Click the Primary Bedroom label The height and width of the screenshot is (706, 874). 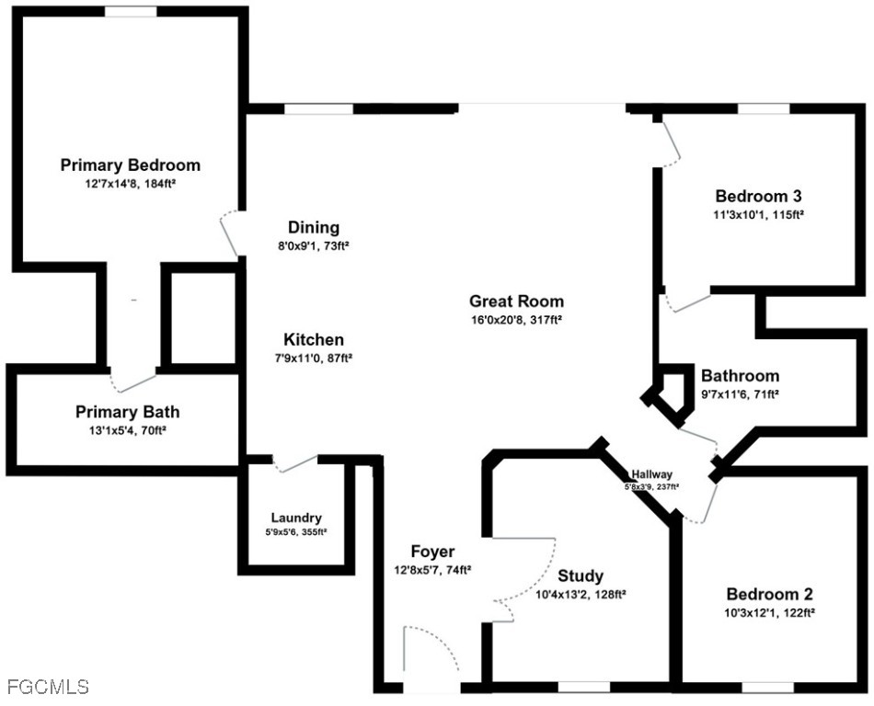[x=131, y=165]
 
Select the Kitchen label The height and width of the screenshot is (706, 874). [x=314, y=339]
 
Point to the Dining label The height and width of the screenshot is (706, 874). [x=314, y=227]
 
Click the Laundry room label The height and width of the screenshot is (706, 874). [x=296, y=518]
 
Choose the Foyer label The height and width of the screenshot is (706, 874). [x=432, y=552]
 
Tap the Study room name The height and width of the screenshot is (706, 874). [x=581, y=575]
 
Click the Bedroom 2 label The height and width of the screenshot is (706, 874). [x=770, y=594]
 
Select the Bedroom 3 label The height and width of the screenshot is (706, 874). [x=759, y=196]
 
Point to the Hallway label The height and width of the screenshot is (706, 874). [x=651, y=474]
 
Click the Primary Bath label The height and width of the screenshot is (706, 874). [x=128, y=412]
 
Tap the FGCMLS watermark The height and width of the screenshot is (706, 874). [x=49, y=687]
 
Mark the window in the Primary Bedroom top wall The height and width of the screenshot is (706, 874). [x=131, y=11]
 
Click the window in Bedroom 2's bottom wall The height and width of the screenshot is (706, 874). [x=767, y=688]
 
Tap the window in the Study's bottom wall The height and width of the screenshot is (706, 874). [x=584, y=688]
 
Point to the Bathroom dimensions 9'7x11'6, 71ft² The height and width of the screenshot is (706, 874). [x=740, y=394]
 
